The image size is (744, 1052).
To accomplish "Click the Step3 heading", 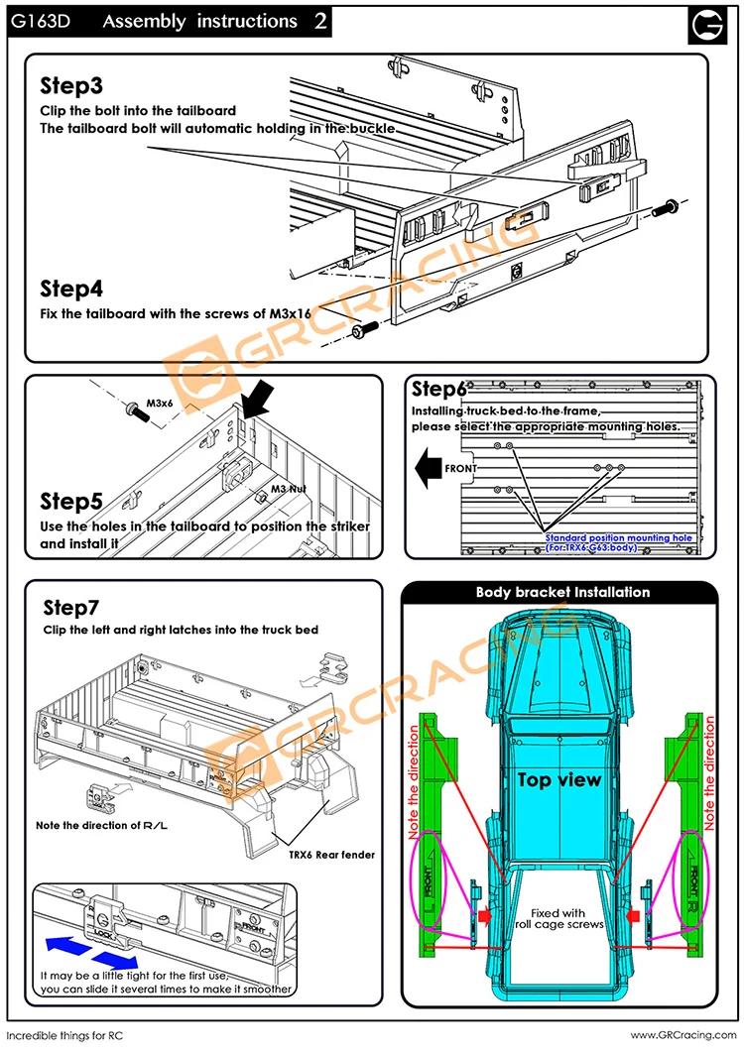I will pos(71,86).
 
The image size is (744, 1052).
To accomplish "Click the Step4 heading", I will pos(71,289).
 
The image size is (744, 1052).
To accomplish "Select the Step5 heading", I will pos(72,500).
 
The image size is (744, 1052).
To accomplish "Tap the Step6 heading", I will pos(439,389).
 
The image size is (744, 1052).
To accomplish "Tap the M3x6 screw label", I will pos(160,404).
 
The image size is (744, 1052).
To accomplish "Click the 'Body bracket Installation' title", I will pos(562,592).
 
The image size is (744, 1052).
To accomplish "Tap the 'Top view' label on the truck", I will pos(559,780).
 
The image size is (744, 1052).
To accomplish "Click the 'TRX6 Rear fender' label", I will pos(331,854).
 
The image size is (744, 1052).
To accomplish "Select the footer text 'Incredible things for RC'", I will pos(67,1036).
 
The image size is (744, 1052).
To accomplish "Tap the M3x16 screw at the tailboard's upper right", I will pos(667,207).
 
